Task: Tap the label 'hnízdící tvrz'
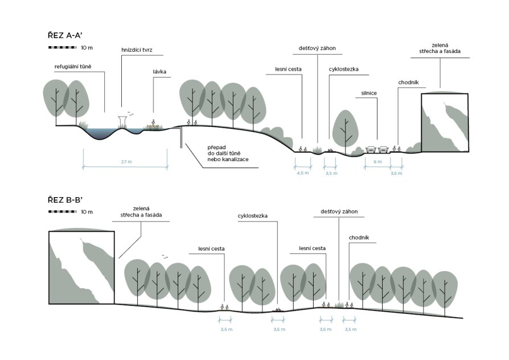coord(137,50)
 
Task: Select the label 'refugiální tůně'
coord(73,67)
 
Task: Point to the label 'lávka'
coord(159,72)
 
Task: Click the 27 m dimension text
coord(126,161)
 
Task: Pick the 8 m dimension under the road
coord(377,161)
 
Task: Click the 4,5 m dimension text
coord(302,173)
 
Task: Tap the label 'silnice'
coord(369,93)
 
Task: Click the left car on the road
coord(371,149)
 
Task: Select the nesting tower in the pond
coord(122,122)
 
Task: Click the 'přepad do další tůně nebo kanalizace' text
coord(228,153)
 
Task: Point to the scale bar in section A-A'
coord(63,47)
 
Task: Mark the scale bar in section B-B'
coord(63,211)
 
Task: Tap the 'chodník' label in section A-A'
coord(408,83)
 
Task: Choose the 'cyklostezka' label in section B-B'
coord(253,216)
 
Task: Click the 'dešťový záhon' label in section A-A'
coord(317,48)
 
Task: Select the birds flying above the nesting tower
coord(130,113)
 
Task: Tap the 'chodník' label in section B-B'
coord(359,238)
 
